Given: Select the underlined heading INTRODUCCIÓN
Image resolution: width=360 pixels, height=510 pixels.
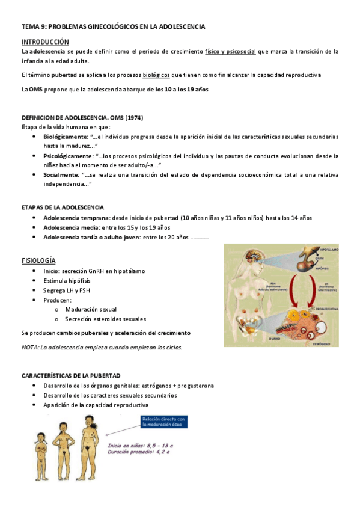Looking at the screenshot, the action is (45, 41).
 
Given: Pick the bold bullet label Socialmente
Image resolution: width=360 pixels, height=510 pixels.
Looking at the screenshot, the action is (61, 174).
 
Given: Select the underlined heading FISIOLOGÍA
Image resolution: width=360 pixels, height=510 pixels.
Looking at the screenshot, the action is (38, 260).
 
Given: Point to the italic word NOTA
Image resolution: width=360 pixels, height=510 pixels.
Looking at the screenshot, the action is (29, 347).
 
